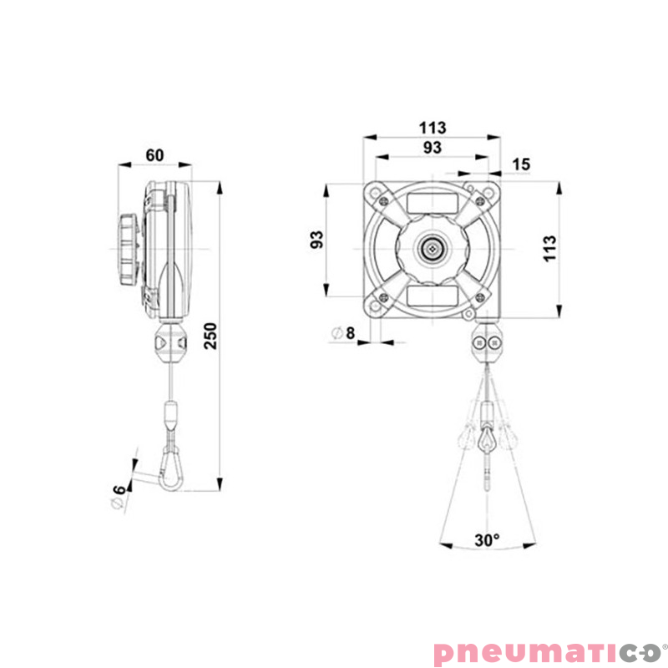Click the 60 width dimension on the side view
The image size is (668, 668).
point(154,154)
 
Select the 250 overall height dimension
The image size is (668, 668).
point(210,335)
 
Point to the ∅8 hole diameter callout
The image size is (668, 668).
point(343,333)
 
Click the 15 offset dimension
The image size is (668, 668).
point(521,164)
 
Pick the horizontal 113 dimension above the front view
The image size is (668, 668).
point(433,128)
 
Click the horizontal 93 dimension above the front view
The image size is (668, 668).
point(433,148)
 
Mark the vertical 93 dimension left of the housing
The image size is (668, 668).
point(316,240)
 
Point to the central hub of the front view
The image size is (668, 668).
point(433,248)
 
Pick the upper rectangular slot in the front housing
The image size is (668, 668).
point(433,203)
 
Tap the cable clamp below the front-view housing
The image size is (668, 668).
point(487,343)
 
